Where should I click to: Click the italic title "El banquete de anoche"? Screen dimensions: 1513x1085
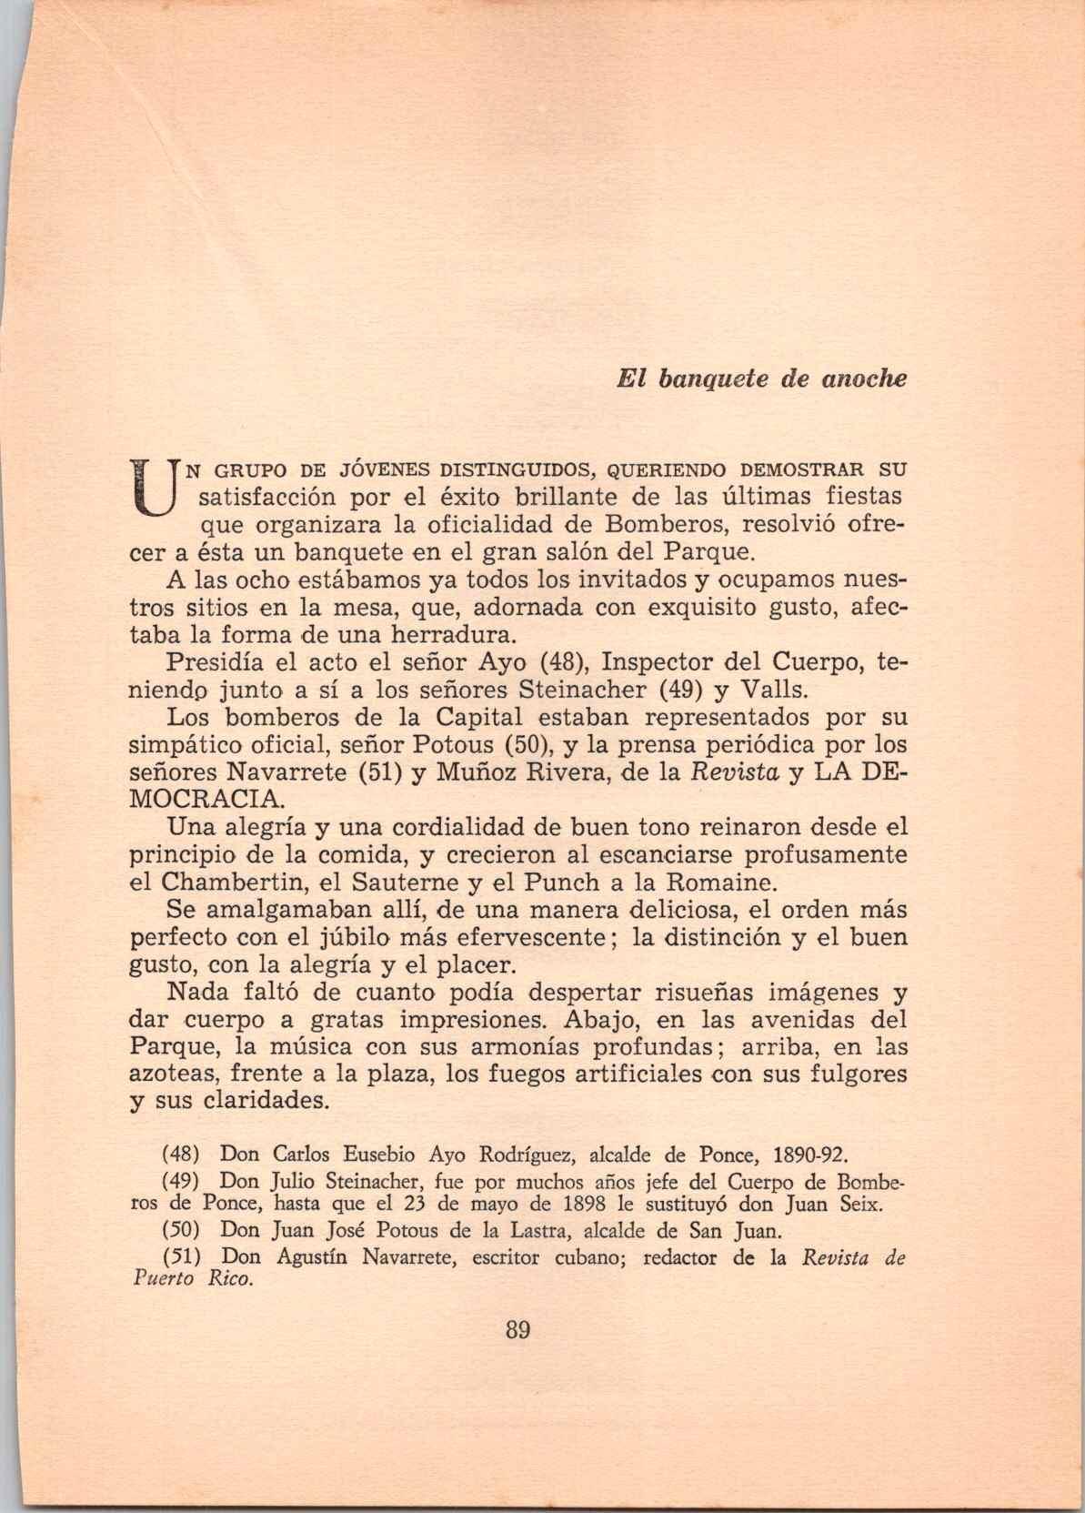tap(762, 378)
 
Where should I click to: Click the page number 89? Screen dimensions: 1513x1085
tap(517, 1330)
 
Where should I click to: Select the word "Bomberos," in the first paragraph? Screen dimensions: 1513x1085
tap(668, 526)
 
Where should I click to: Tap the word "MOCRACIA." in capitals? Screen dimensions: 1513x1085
tap(207, 801)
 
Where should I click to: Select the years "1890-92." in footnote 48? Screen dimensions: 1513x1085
tap(809, 1156)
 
